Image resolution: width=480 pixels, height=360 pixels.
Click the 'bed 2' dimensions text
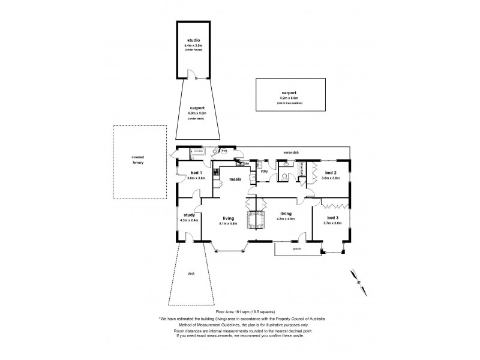[x=331, y=178]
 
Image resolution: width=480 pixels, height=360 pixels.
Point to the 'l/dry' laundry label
[x=263, y=172]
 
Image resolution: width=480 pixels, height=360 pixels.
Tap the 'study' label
[x=189, y=215]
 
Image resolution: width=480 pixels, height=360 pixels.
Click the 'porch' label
[x=296, y=248]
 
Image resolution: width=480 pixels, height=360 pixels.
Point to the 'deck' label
[x=191, y=274]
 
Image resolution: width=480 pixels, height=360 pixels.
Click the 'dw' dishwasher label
[x=247, y=163]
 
